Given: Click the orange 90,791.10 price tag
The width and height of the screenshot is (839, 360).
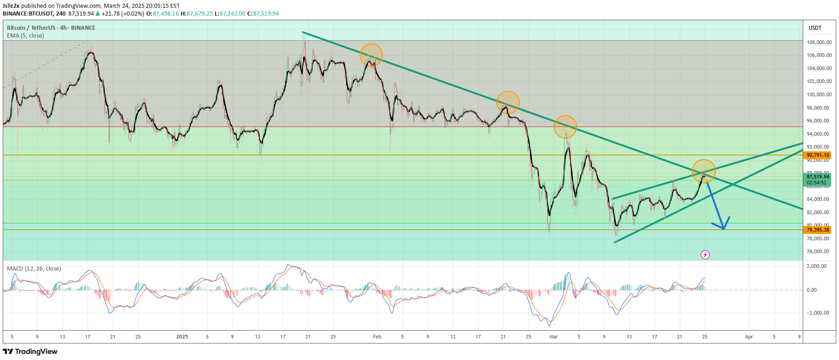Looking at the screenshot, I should [818, 155].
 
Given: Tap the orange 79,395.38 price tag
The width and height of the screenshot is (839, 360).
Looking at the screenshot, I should [818, 230].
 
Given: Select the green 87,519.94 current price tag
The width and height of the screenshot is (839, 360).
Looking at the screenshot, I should [818, 177].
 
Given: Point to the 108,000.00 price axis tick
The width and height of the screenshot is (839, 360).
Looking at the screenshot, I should [819, 42].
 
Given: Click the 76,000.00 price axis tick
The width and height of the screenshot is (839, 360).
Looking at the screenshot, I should [818, 251].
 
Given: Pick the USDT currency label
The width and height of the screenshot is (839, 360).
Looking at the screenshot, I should [815, 28].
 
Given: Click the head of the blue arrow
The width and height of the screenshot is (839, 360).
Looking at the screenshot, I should [723, 228].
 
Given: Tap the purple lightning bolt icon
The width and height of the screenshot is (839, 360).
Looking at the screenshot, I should [705, 255].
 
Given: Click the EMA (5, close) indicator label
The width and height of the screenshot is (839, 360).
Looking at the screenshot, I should [25, 36].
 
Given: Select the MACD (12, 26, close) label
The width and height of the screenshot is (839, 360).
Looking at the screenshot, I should [34, 269].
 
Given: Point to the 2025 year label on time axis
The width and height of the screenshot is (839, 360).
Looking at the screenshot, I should [182, 337].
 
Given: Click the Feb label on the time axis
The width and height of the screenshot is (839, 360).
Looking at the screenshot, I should [377, 337].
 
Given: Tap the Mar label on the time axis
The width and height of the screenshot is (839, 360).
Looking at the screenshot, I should [554, 337].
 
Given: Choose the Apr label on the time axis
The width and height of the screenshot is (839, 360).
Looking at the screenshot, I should [749, 337].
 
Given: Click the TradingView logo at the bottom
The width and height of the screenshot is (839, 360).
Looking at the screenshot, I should [30, 352].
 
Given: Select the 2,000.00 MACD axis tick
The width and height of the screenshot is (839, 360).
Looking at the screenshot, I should [817, 266].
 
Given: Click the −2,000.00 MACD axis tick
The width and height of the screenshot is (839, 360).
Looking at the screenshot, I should [817, 313].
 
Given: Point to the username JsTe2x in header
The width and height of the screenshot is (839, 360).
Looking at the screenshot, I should [11, 6].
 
